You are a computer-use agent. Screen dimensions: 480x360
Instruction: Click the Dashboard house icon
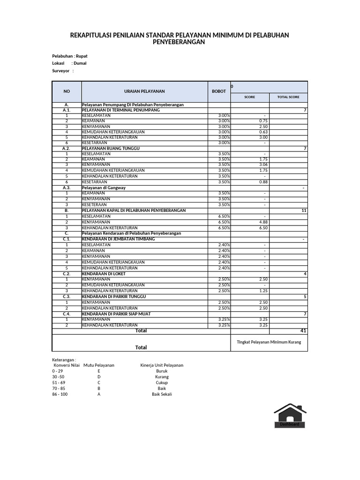pos(290,415)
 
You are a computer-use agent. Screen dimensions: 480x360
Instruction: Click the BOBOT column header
pos(219,91)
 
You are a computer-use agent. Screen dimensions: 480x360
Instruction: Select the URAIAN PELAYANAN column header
pos(144,91)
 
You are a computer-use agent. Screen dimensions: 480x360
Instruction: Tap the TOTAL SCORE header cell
pos(288,97)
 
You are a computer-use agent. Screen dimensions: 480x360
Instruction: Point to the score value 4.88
pos(263,222)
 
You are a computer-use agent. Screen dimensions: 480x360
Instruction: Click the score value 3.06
pos(263,165)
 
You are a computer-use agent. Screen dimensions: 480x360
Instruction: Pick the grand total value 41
pos(303,330)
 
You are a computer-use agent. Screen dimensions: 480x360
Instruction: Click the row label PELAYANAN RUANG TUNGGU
pos(111,148)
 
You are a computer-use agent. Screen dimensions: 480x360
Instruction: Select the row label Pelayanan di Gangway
pos(104,187)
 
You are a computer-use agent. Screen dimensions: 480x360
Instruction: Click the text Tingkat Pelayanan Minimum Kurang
pos(269,342)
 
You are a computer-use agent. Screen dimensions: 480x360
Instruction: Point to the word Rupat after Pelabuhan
pos(82,56)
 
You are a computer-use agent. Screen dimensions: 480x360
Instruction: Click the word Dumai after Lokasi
pos(80,63)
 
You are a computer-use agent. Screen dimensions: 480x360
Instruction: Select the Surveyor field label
pos(61,71)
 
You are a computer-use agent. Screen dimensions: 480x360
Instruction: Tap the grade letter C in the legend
pos(99,382)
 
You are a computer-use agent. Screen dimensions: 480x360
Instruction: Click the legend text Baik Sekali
pos(162,394)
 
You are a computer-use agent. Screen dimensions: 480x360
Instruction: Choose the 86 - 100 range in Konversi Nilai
pos(60,394)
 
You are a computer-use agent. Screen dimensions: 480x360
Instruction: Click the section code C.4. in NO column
pos(67,314)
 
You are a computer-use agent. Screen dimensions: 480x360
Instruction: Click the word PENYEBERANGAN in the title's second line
pos(179,42)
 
